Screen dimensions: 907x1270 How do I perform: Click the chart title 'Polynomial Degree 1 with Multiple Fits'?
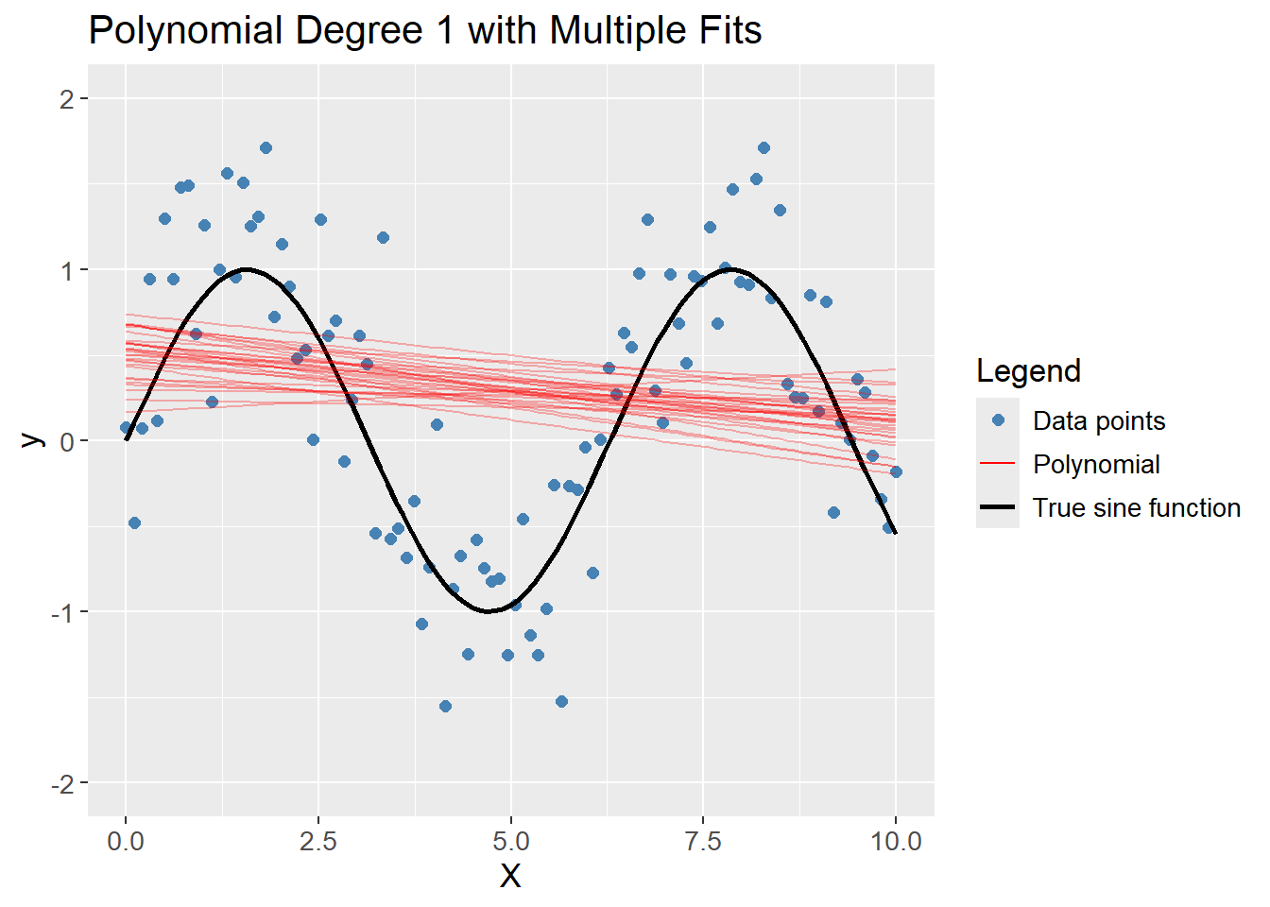tap(424, 31)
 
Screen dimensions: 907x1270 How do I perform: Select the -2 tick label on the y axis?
tap(62, 783)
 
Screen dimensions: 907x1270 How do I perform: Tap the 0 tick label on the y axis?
tap(66, 441)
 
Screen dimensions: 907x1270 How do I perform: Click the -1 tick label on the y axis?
tap(62, 612)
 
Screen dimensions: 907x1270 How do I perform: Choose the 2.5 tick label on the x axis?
tap(318, 841)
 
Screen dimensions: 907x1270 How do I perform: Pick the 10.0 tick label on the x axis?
tap(896, 841)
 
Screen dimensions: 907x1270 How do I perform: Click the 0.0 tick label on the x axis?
tap(126, 841)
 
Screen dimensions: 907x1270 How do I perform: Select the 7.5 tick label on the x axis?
tap(704, 841)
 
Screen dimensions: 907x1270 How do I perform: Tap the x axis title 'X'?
tap(510, 877)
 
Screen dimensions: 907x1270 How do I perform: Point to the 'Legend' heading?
tap(1028, 371)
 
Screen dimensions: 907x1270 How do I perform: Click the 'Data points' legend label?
tap(1099, 421)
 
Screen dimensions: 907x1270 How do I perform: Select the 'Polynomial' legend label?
tap(1096, 465)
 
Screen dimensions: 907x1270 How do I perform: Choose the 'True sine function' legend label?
tap(1136, 508)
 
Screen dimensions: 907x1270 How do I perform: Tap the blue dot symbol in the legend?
tap(998, 420)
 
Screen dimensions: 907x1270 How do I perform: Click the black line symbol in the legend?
tap(998, 507)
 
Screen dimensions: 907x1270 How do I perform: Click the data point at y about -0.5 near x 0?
tap(134, 522)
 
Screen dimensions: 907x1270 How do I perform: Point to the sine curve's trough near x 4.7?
tap(489, 611)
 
